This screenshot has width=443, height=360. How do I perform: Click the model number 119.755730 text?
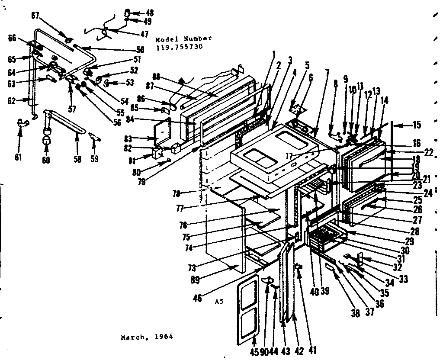179,46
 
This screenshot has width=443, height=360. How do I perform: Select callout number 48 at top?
149,13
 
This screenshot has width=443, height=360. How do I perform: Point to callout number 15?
416,125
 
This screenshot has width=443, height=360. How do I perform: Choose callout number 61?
18,157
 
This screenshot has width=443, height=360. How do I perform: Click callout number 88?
156,77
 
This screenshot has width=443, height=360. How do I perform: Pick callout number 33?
403,280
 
